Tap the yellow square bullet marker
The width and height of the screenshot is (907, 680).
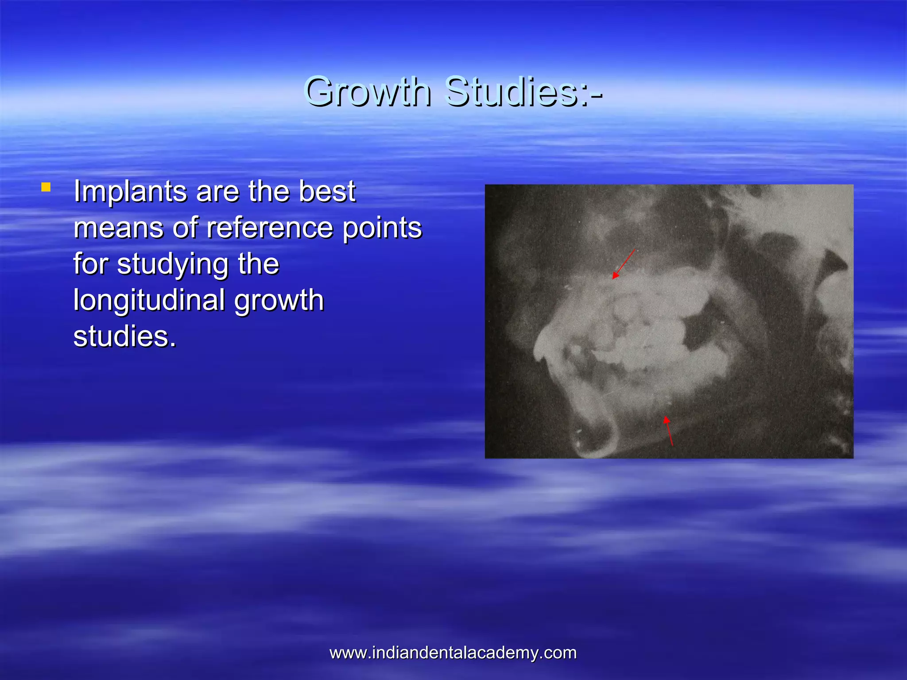coord(46,187)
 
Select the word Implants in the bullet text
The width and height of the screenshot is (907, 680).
coord(130,192)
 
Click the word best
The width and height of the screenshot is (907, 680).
coord(327,192)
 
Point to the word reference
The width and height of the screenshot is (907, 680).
coord(270,228)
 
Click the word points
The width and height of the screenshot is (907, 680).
coord(382,228)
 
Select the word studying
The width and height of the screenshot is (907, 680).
coord(173,264)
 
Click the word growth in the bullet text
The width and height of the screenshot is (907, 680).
coord(279,301)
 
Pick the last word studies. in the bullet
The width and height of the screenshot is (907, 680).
coord(124,337)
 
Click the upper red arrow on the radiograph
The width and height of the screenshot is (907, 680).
coord(624,264)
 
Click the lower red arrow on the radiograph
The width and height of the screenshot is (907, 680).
coord(668,431)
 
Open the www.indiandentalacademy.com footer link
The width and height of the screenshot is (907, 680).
coord(453,653)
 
